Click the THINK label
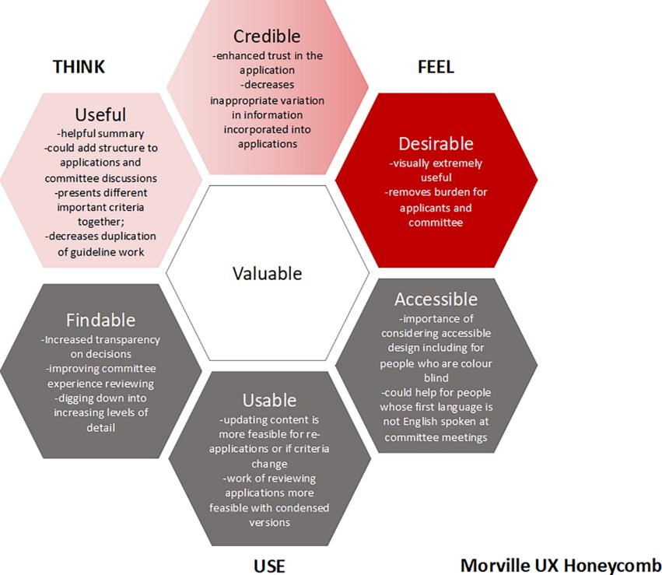[79, 67]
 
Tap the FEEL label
[436, 67]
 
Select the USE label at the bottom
[269, 566]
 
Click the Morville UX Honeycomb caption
[561, 566]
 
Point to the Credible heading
[267, 37]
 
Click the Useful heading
[100, 115]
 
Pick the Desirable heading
[436, 144]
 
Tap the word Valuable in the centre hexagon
[268, 274]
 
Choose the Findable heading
[100, 320]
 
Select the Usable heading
[269, 400]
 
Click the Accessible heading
[436, 300]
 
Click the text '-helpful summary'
[100, 134]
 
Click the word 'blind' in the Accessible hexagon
[436, 377]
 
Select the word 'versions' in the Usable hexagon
[269, 523]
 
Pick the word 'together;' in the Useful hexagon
[100, 222]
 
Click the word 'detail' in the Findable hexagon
[100, 428]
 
